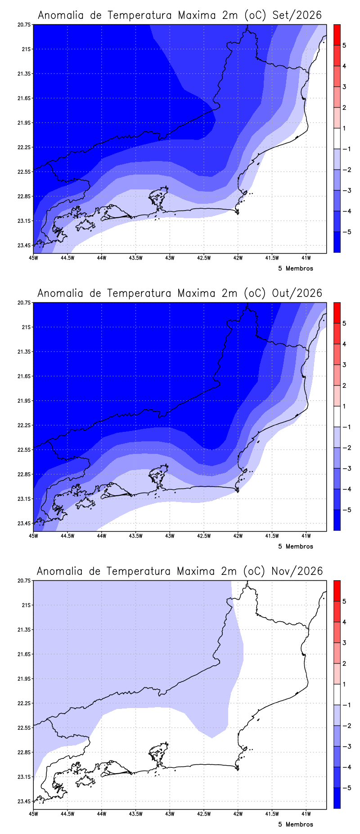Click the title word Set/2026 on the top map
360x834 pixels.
(297, 15)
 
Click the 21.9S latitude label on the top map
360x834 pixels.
(25, 123)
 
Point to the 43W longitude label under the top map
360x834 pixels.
(170, 258)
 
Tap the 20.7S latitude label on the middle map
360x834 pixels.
(25, 303)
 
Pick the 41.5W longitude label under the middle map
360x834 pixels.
(272, 536)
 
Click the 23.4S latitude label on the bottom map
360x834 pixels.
(25, 801)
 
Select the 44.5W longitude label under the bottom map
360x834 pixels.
(67, 814)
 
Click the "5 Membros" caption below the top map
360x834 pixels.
(296, 269)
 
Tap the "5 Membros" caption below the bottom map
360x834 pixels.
(296, 825)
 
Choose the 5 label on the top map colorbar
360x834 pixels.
(344, 45)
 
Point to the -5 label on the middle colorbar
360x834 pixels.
(346, 510)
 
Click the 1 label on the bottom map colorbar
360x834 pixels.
(344, 684)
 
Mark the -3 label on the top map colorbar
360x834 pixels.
(346, 190)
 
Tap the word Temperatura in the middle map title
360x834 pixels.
(140, 293)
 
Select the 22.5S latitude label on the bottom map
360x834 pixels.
(25, 728)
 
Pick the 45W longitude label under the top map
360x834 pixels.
(33, 258)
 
